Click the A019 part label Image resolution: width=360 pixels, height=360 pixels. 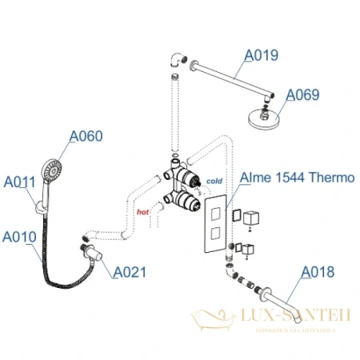(261, 55)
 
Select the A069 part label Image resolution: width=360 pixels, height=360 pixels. (302, 94)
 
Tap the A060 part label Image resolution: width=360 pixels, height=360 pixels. (86, 137)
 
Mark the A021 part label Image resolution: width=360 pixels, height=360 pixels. (129, 272)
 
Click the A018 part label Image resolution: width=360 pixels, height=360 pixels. (317, 272)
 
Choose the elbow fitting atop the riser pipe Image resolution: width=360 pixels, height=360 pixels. (177, 58)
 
